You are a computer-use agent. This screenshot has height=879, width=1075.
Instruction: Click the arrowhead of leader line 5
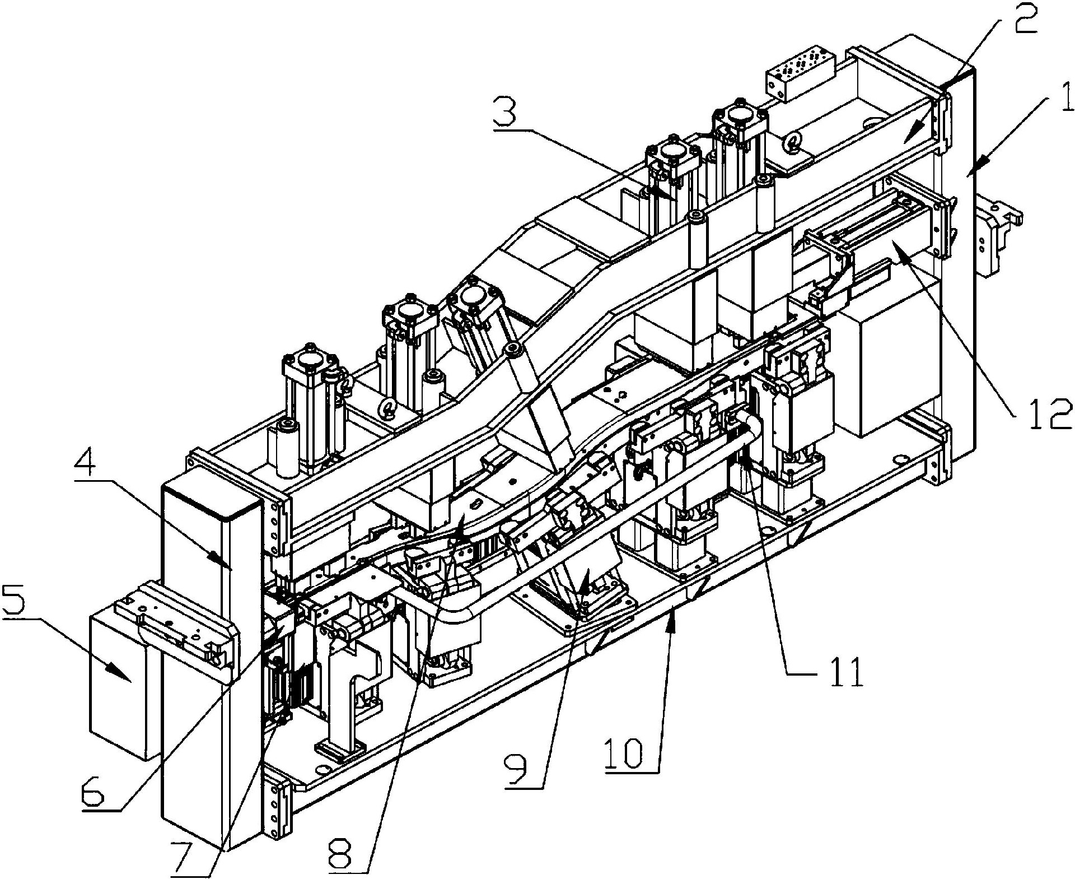[128, 679]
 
